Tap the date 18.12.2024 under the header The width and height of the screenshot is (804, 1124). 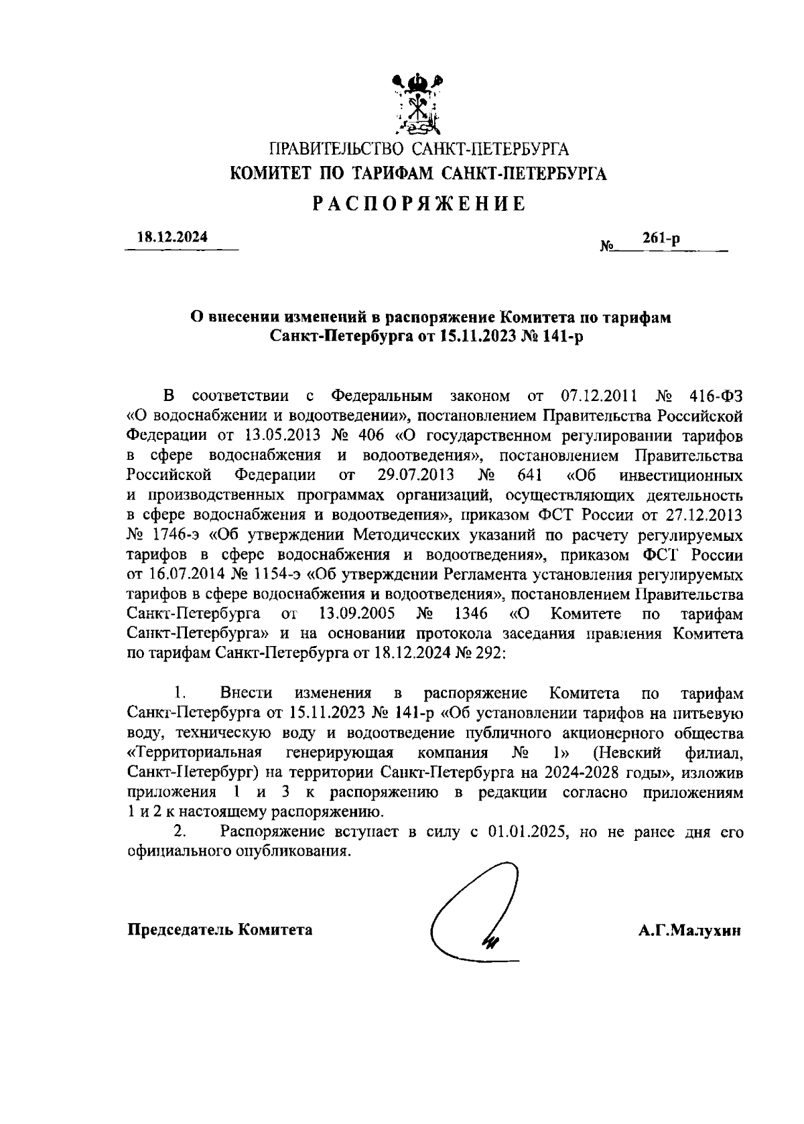point(172,238)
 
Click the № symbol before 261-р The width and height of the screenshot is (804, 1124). point(607,246)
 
